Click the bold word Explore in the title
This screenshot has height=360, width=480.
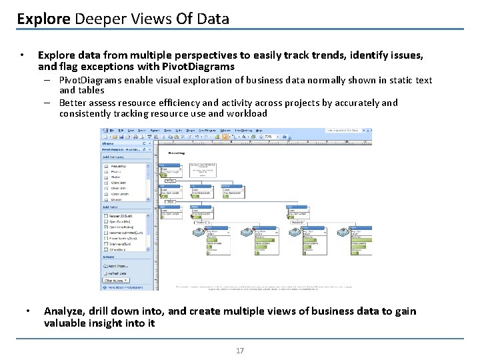[43, 19]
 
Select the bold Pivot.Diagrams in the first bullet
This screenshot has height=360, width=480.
[199, 67]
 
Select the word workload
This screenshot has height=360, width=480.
[247, 113]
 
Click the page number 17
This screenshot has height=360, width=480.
[240, 351]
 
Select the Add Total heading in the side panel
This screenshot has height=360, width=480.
[111, 209]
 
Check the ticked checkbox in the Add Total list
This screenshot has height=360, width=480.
[106, 227]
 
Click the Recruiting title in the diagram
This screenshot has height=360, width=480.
[177, 153]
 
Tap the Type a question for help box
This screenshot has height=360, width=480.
[347, 131]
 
